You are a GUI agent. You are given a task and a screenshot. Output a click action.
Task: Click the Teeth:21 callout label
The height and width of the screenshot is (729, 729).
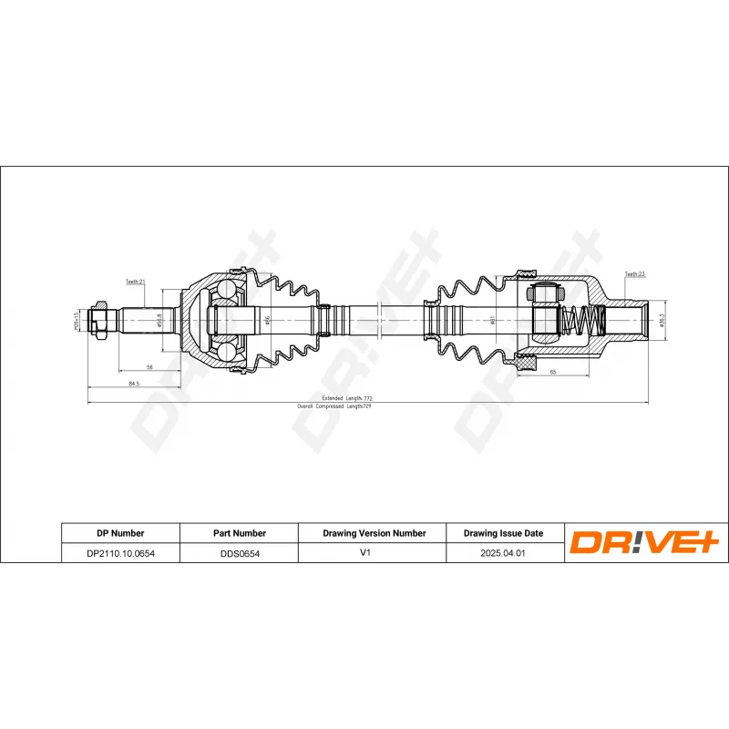pyautogui.click(x=135, y=282)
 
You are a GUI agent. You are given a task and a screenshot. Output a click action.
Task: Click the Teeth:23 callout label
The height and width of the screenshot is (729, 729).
pyautogui.click(x=634, y=273)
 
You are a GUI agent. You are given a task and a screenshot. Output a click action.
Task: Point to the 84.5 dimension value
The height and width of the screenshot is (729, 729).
pyautogui.click(x=133, y=385)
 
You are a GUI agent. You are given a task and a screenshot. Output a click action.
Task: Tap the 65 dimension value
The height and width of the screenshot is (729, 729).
pyautogui.click(x=553, y=373)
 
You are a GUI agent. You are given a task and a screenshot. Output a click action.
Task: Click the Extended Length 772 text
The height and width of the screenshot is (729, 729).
pyautogui.click(x=347, y=398)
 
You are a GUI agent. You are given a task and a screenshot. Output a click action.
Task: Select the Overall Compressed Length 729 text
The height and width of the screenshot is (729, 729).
pyautogui.click(x=334, y=406)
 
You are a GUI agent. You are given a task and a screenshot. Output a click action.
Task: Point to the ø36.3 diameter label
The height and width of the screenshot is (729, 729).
pyautogui.click(x=662, y=321)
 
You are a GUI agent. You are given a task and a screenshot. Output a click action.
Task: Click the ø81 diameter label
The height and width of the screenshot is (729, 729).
pyautogui.click(x=493, y=320)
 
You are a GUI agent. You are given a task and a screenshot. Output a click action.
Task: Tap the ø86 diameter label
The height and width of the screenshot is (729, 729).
pyautogui.click(x=266, y=320)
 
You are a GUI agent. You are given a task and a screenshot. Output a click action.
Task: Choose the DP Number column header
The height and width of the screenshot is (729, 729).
pyautogui.click(x=120, y=533)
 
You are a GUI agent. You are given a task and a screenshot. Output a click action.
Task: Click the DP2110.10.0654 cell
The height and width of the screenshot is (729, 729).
pyautogui.click(x=120, y=552)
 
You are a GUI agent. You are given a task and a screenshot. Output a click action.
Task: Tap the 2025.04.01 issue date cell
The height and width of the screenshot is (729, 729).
pyautogui.click(x=503, y=552)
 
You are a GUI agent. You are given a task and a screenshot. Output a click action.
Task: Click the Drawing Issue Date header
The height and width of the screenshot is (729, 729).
pyautogui.click(x=503, y=533)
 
